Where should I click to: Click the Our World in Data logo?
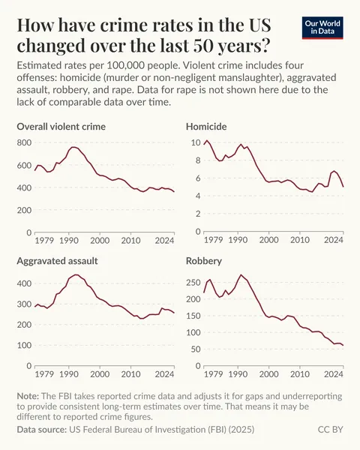pos(323,28)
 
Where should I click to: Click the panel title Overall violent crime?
pos(61,126)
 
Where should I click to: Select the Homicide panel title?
pos(206,126)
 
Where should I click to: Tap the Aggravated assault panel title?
pos(58,260)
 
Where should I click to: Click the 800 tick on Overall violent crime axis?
pos(23,142)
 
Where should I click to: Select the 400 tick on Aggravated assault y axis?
pos(23,283)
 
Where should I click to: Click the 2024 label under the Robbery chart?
pos(334,373)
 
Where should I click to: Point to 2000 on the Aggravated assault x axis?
pos(100,373)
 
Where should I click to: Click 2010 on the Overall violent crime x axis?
pos(130,241)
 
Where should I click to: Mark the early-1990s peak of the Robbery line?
pos(240,275)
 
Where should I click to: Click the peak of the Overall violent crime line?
pos(73,147)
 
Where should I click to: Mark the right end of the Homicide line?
pos(343,187)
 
